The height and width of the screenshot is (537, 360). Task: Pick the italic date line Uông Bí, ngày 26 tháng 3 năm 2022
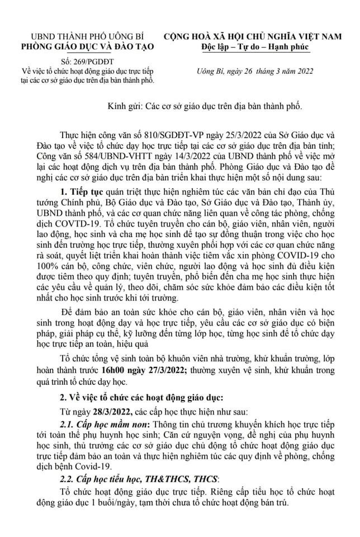pyautogui.click(x=247, y=71)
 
